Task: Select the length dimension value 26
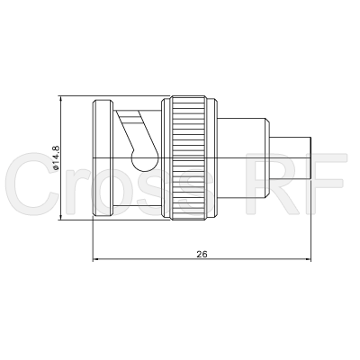[x=202, y=255]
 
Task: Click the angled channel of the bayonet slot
[x=133, y=135]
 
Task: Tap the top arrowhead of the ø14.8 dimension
[x=61, y=100]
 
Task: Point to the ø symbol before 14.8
[x=56, y=168]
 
